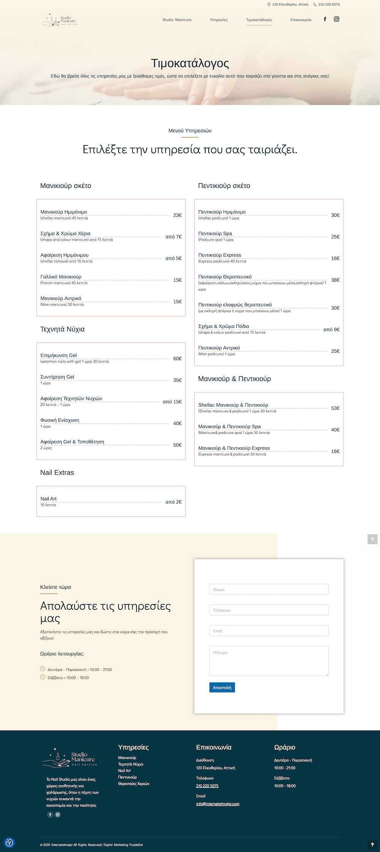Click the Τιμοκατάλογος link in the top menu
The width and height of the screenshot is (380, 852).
tap(259, 20)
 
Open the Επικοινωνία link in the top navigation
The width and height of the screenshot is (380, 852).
tap(301, 20)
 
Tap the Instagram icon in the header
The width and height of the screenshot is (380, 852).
tap(336, 19)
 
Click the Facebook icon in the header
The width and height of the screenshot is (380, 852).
tap(325, 19)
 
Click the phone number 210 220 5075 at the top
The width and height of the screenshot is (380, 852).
tap(329, 5)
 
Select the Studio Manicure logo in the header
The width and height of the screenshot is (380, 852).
tap(60, 20)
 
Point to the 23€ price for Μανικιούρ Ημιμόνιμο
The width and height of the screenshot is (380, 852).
tap(177, 215)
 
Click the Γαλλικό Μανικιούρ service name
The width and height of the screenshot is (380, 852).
tap(61, 277)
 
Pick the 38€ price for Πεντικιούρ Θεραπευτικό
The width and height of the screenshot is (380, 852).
tap(335, 280)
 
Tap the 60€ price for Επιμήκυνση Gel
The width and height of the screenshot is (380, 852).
tap(177, 359)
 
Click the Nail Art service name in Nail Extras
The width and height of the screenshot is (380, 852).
tap(49, 499)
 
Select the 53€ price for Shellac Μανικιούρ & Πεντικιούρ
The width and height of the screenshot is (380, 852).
tap(335, 409)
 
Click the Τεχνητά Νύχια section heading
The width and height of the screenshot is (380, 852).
tap(62, 329)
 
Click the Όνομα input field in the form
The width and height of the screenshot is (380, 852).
tap(269, 589)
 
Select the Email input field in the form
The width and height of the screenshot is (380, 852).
tap(269, 631)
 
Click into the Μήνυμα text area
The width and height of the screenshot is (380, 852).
tap(269, 661)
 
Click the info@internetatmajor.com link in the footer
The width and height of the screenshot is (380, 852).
tap(218, 804)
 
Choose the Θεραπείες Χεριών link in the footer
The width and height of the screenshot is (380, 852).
tap(134, 784)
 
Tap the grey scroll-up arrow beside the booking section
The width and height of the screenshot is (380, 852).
tap(372, 539)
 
